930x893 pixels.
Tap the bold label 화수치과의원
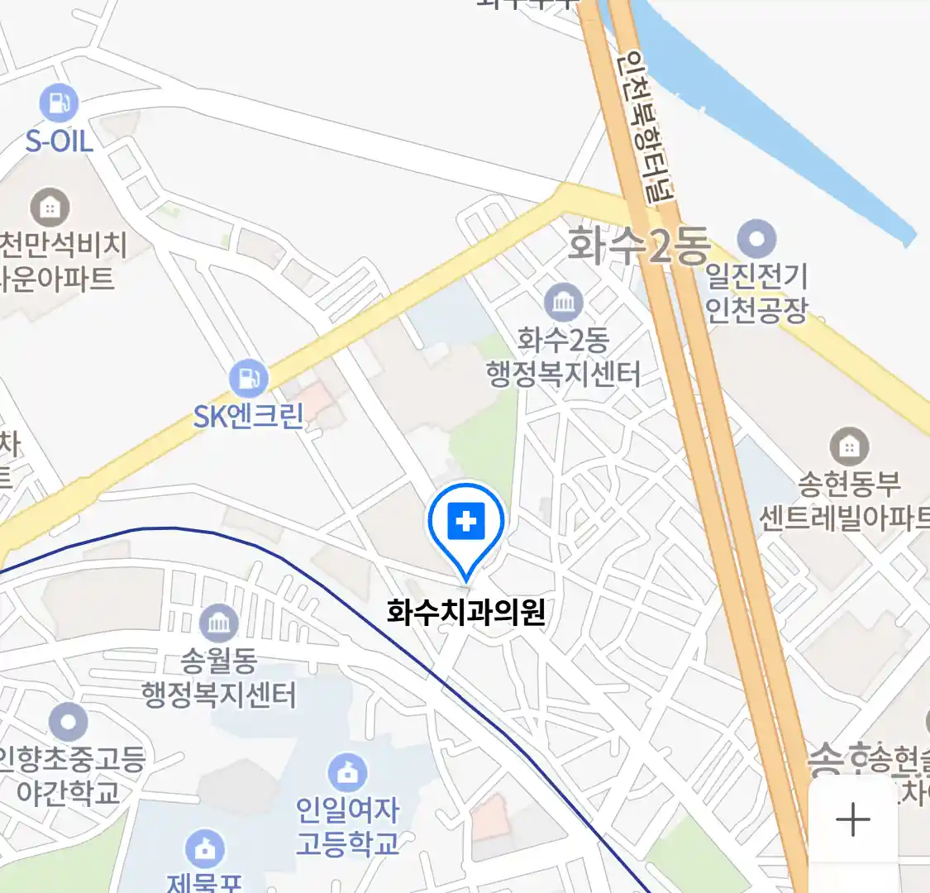[466, 613]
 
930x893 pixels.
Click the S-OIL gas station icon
[59, 104]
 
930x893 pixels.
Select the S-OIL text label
[59, 141]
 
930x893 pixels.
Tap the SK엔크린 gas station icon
[248, 379]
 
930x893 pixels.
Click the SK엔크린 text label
[249, 416]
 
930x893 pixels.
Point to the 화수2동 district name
[639, 246]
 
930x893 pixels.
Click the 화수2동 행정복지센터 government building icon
[564, 303]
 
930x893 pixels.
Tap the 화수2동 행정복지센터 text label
[564, 357]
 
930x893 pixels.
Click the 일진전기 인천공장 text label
[756, 293]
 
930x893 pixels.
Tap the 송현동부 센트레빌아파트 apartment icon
[848, 446]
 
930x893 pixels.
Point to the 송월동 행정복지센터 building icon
[218, 623]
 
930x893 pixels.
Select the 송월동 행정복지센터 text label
[218, 678]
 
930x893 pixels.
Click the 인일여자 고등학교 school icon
[347, 773]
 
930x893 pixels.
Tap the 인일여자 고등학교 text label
[347, 827]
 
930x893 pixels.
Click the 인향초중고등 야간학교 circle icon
[68, 723]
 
